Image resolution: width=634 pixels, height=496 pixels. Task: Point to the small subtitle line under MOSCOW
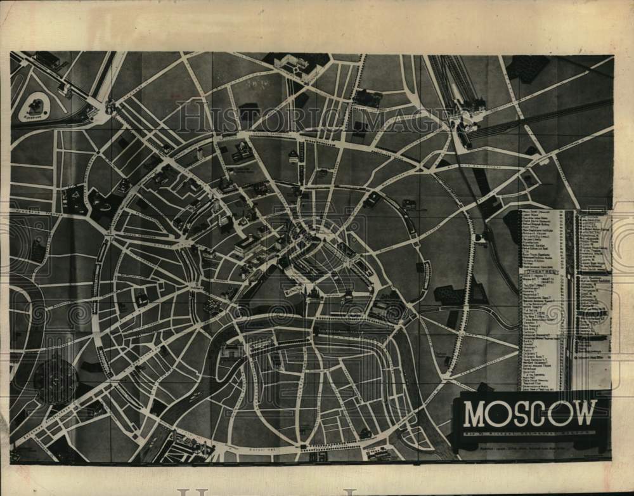(529, 433)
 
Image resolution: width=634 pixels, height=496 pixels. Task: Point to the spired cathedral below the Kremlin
(314, 292)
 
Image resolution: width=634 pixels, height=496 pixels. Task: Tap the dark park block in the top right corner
(528, 67)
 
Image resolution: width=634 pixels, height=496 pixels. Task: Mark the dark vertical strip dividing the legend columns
(570, 298)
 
